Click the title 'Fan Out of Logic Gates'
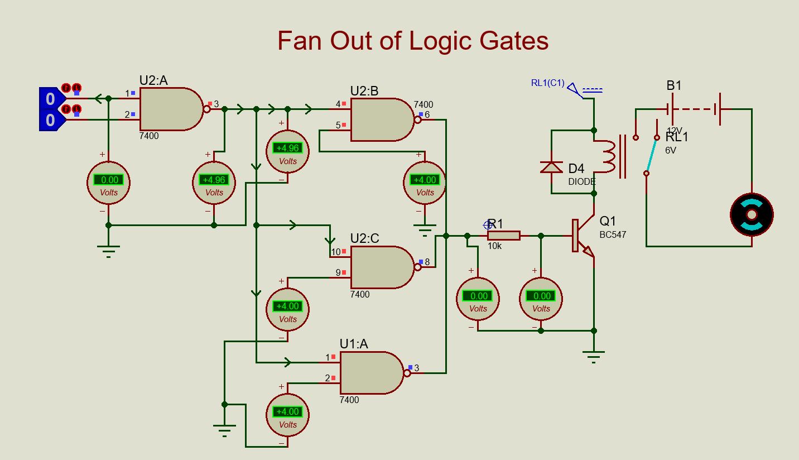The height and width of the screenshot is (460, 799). [x=413, y=41]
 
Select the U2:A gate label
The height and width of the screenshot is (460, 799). [x=153, y=80]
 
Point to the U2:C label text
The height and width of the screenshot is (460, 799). [x=364, y=238]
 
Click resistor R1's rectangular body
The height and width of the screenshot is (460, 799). [x=504, y=236]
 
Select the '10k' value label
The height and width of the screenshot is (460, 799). [x=494, y=246]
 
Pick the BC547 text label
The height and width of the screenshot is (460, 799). [x=613, y=235]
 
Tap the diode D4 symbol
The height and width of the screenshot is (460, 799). [x=552, y=167]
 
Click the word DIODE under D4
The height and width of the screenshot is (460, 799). [x=582, y=182]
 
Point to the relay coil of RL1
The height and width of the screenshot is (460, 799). [x=607, y=157]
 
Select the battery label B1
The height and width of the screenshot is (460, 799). [x=674, y=86]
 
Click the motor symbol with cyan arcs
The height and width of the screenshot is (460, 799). [x=752, y=214]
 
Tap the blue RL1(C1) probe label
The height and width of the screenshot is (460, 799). [x=548, y=83]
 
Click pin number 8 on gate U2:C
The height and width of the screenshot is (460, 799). [x=427, y=262]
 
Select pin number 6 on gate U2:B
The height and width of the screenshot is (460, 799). [x=427, y=115]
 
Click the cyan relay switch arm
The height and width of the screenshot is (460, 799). [x=651, y=155]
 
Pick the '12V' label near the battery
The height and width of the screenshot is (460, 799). [x=674, y=130]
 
